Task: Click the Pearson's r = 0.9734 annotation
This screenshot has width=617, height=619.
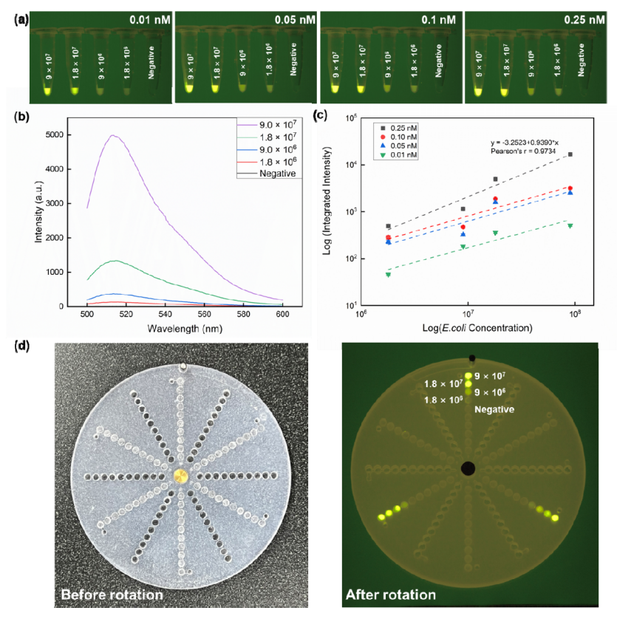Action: click(x=523, y=150)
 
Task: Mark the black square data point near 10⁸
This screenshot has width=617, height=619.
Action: click(x=570, y=154)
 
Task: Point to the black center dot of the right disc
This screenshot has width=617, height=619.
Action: click(x=467, y=468)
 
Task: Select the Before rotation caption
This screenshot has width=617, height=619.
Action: click(x=111, y=595)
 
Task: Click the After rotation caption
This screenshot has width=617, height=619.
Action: click(x=390, y=594)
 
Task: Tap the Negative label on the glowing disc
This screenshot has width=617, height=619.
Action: click(x=494, y=408)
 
